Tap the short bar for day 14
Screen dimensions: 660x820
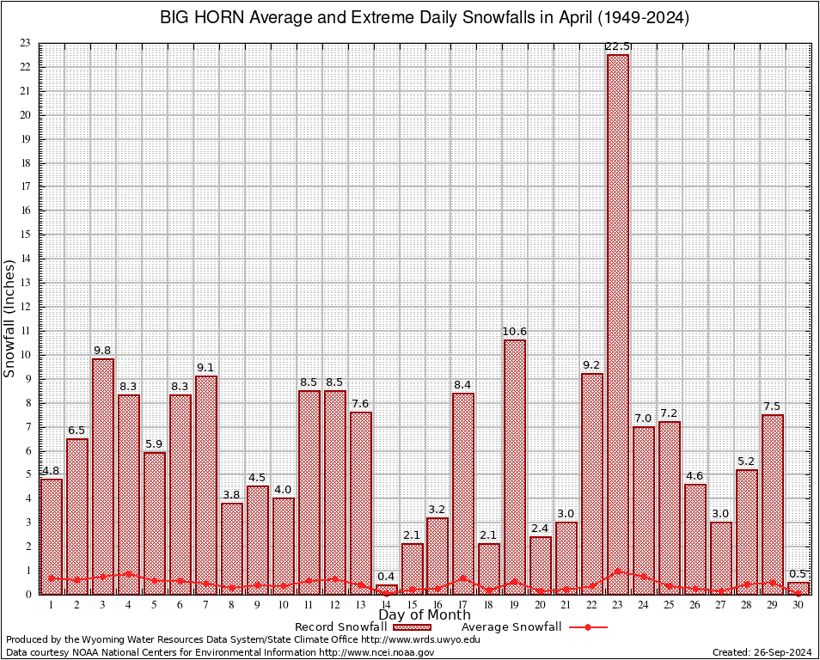pos(387,590)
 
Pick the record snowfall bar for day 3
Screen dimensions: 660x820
pos(103,476)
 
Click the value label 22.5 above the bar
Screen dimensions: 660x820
pos(618,46)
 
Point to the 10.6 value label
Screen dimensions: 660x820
pos(515,331)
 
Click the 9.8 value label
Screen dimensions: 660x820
pos(103,350)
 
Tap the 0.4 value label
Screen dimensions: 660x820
pos(387,576)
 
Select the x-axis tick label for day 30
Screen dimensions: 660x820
pos(799,605)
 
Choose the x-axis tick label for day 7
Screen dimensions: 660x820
pos(205,605)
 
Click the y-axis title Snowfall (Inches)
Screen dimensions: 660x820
pos(10,319)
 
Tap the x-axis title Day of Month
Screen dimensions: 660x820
pos(424,615)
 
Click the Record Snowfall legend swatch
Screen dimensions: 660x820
pos(411,627)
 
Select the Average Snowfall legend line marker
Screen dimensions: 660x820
pos(587,627)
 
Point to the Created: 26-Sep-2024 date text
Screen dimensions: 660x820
pos(762,652)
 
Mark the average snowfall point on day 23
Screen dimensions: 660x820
pos(618,571)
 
